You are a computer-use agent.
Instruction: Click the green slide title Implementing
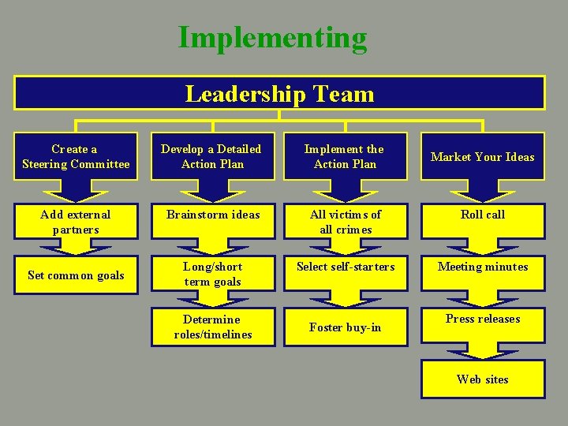[x=272, y=37]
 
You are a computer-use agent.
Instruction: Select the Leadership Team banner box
[x=279, y=94]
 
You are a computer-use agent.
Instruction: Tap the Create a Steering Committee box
[x=76, y=156]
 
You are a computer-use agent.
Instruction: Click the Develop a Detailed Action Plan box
[x=212, y=156]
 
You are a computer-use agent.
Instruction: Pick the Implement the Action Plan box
[x=345, y=156]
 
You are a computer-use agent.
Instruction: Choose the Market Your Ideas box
[x=482, y=156]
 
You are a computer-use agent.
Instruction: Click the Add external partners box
[x=76, y=222]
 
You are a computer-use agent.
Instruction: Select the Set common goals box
[x=76, y=275]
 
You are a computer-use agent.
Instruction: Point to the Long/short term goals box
[x=212, y=274]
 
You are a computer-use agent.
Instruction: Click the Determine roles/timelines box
[x=212, y=327]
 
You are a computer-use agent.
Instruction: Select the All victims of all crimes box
[x=345, y=222]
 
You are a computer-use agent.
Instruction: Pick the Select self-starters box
[x=345, y=267]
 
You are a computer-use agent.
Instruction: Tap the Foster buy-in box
[x=345, y=327]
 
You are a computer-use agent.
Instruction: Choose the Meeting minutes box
[x=482, y=267]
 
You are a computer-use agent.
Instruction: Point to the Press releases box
[x=482, y=319]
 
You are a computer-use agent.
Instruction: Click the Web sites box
[x=482, y=379]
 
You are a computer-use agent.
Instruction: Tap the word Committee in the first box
[x=99, y=164]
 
